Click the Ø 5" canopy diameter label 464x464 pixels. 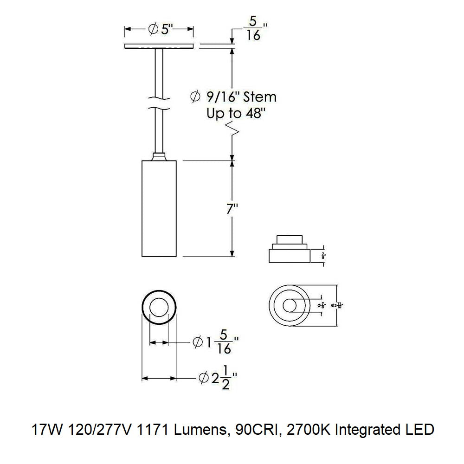point(160,29)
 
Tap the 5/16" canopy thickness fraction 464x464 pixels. point(253,29)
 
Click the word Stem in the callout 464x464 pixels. point(260,97)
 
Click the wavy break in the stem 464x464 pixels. point(159,103)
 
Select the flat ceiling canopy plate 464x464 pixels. point(159,46)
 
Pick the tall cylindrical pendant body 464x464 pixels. point(159,209)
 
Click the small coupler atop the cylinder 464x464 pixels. point(159,156)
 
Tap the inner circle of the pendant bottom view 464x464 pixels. point(159,308)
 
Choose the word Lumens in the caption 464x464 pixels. point(201,429)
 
